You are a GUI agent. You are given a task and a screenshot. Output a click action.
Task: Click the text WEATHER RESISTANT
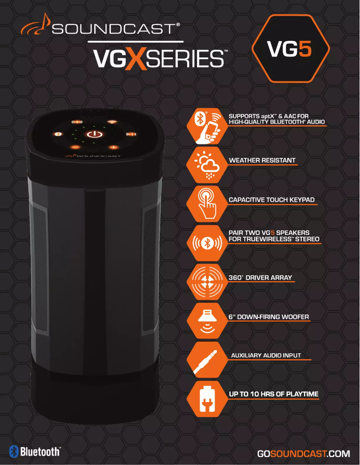pos(262,160)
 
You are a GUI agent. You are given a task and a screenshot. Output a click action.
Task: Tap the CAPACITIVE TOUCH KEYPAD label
pos(272,200)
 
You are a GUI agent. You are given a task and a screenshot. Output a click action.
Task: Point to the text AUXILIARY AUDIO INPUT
pos(266,356)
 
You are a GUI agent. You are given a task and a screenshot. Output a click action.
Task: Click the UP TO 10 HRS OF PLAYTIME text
pos(274,394)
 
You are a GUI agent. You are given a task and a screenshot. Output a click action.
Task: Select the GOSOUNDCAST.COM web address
pos(303,454)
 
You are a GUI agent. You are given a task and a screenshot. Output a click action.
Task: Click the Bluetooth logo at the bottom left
pos(35,451)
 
